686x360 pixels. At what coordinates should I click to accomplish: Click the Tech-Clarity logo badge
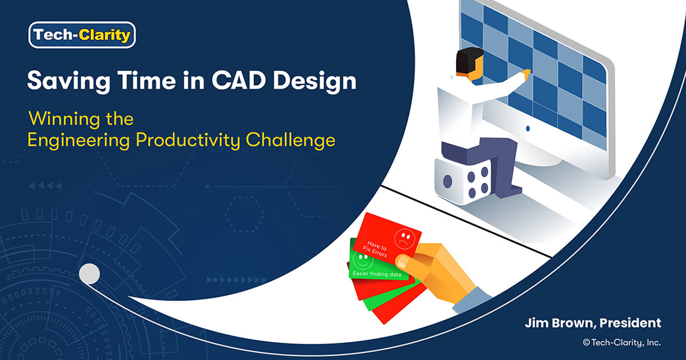click(x=82, y=36)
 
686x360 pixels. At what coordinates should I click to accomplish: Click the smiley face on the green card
click(x=362, y=260)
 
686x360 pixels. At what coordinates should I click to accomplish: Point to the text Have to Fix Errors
click(x=378, y=248)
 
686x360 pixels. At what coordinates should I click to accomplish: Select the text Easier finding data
click(x=376, y=275)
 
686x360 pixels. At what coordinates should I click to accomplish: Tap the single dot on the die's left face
click(x=448, y=182)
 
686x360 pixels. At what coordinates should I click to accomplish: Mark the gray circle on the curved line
click(x=89, y=274)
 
